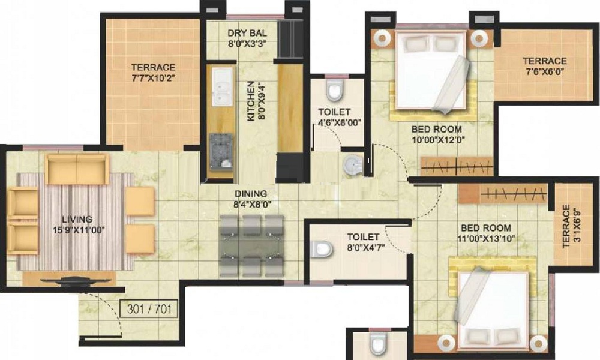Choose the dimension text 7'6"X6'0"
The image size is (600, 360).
pyautogui.click(x=544, y=71)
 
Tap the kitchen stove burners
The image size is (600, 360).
pyautogui.click(x=220, y=146)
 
